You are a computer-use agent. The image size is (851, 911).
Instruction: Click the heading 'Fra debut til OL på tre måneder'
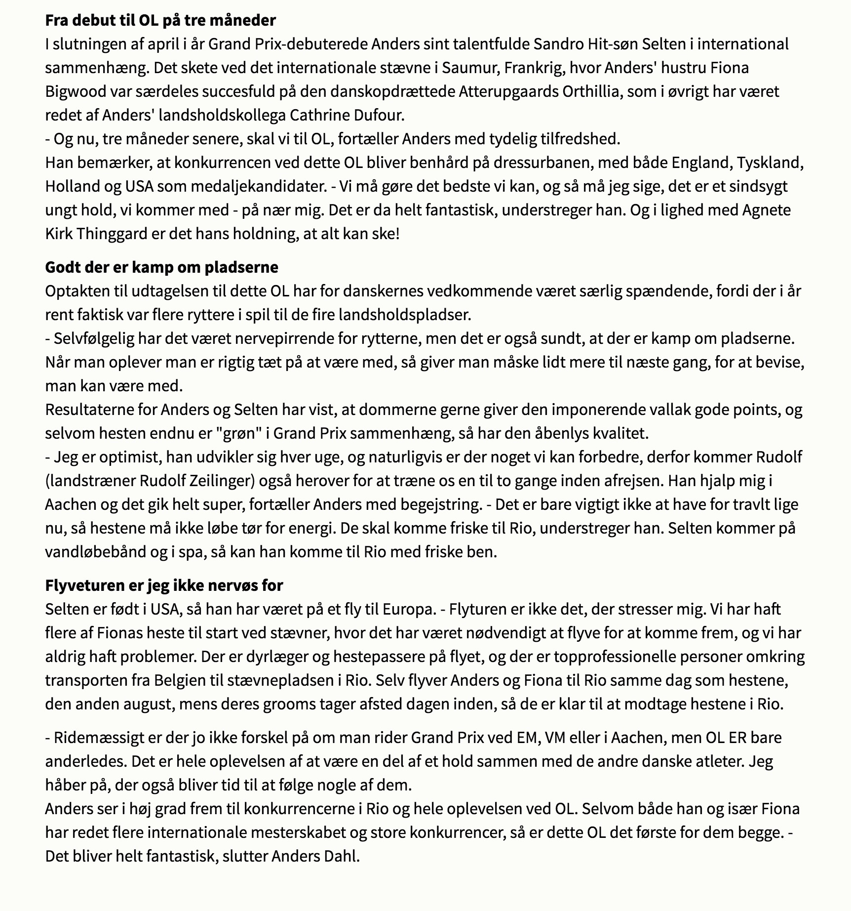pos(160,20)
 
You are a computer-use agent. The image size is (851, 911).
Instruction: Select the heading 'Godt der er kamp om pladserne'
pos(161,267)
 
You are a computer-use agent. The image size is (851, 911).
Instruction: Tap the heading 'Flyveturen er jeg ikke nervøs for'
pos(164,585)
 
